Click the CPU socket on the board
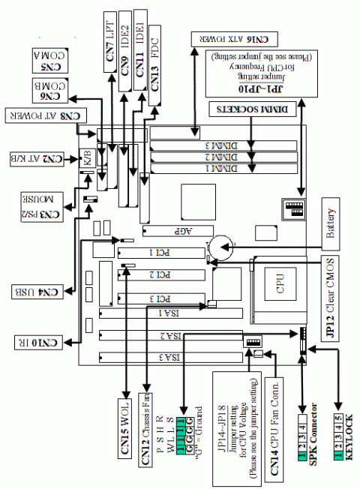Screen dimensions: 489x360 279,286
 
